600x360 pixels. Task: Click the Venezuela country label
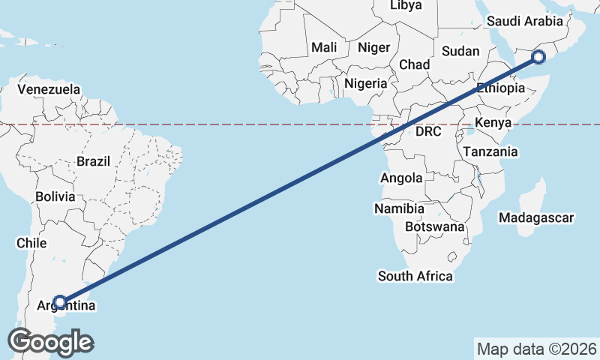[x=49, y=89]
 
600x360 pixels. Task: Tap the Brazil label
[x=93, y=161]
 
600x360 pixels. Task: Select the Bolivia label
[x=55, y=197]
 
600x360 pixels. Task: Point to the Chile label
[x=31, y=243]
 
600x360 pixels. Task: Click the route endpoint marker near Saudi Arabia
[x=538, y=56]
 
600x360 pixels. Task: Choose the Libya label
[x=406, y=5]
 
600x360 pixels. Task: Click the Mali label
[x=324, y=47]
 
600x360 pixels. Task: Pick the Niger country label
[x=373, y=47]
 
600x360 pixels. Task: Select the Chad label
[x=414, y=64]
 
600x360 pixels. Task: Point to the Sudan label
[x=459, y=51]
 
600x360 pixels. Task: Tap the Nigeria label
[x=366, y=83]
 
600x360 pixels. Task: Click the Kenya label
[x=493, y=122]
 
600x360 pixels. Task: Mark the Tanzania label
[x=490, y=151]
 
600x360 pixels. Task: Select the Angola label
[x=401, y=178]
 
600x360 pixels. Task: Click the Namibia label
[x=399, y=208]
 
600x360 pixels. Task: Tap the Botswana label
[x=435, y=226]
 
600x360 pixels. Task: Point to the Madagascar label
[x=535, y=218]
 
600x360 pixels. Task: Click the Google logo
[x=50, y=342]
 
